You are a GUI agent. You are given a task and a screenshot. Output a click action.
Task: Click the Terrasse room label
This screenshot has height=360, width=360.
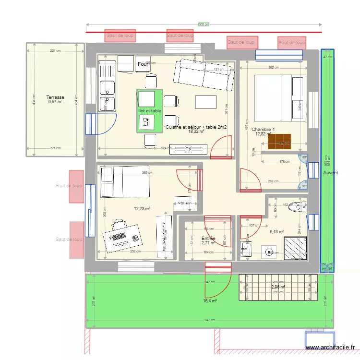pos(55,97)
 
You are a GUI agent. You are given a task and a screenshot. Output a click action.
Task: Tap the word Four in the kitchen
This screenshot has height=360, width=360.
pos(143,64)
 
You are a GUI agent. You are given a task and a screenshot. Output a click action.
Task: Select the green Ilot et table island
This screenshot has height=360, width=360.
pos(150,111)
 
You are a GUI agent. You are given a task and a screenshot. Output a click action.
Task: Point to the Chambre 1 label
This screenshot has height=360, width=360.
pos(263,130)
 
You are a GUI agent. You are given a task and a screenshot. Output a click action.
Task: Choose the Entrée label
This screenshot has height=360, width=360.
pos(208,239)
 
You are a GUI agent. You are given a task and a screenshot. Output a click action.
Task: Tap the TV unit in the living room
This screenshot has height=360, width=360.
pos(189,149)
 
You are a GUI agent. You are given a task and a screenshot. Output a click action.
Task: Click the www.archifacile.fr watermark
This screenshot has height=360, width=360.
pos(332,348)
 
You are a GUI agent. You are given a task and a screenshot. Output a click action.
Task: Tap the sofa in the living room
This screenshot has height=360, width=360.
pos(204,75)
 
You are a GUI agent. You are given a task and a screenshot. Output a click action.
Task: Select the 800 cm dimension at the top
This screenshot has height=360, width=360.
pos(204,24)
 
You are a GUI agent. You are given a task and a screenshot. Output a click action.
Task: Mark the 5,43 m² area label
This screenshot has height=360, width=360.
pos(277,232)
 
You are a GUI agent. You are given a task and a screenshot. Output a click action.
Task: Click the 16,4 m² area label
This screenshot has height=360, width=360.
pos(210,301)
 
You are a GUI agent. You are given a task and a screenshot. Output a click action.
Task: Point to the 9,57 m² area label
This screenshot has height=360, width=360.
pos(55,102)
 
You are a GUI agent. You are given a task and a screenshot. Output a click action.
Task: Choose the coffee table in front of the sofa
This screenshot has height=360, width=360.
pos(206,102)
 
